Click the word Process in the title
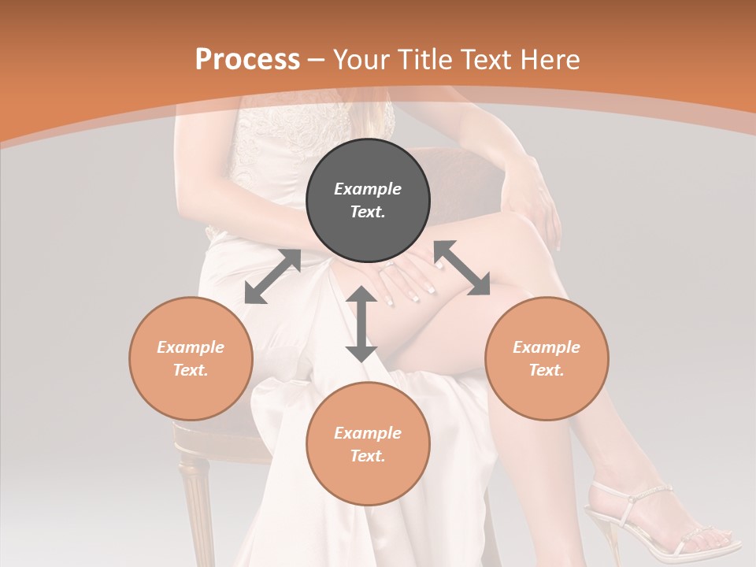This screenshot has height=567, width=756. click(247, 60)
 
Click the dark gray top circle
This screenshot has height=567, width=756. click(368, 201)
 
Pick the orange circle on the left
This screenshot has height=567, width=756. click(191, 358)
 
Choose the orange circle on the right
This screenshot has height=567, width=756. click(547, 358)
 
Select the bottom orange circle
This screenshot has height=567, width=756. click(368, 444)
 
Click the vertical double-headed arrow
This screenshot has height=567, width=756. click(361, 324)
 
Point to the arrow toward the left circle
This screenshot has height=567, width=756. click(272, 276)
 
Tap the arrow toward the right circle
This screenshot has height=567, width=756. click(461, 268)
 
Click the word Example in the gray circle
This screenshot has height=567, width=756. click(368, 189)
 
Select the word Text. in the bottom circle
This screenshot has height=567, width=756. click(368, 456)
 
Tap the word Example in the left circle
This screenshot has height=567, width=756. click(191, 347)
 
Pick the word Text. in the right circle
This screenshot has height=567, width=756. click(547, 370)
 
